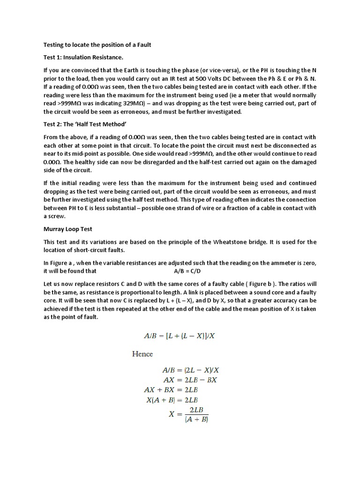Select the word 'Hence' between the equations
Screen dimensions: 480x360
(x=142, y=354)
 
